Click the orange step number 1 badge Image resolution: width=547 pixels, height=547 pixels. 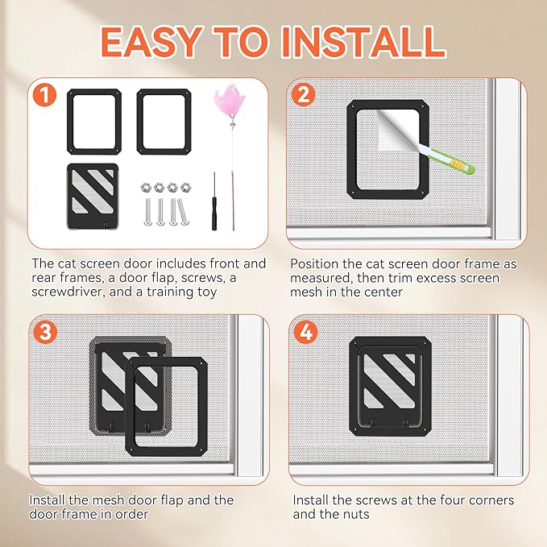point(44,95)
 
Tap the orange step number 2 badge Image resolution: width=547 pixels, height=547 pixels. point(302,94)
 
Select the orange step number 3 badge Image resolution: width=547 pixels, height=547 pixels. point(44,332)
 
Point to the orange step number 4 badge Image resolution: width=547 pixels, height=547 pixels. point(305,332)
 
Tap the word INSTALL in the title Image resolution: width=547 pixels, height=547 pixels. point(363,42)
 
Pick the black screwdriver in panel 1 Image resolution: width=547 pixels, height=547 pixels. point(214,201)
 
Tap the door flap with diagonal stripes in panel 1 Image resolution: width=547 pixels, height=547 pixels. point(93,196)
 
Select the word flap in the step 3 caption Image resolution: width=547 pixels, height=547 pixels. point(172,500)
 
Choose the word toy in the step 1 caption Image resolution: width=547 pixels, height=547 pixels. point(206,292)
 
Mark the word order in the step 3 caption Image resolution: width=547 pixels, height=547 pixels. point(131,514)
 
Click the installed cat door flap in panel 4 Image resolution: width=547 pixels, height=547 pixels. point(390,386)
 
